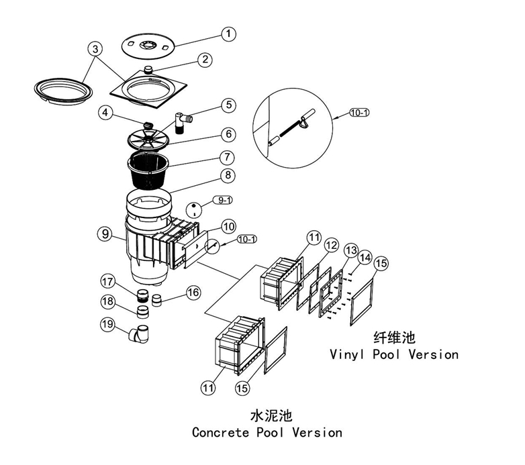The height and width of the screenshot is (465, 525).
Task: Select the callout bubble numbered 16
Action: [x=193, y=292]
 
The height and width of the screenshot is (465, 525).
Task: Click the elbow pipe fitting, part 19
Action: [x=142, y=332]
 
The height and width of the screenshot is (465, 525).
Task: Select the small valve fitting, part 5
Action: [x=181, y=123]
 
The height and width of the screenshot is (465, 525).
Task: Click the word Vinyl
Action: [x=350, y=354]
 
